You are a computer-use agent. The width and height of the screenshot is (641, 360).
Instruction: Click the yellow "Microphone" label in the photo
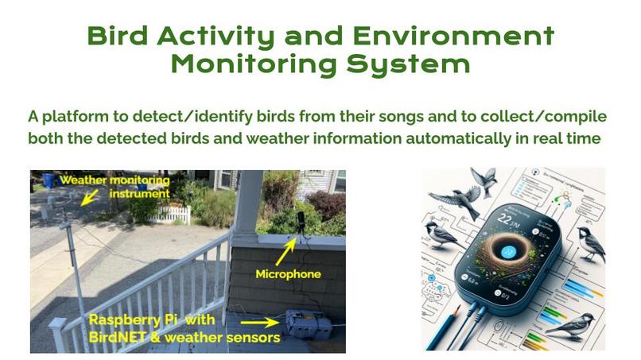tap(288, 275)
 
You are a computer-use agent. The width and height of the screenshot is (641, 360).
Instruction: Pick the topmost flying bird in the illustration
tap(484, 179)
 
